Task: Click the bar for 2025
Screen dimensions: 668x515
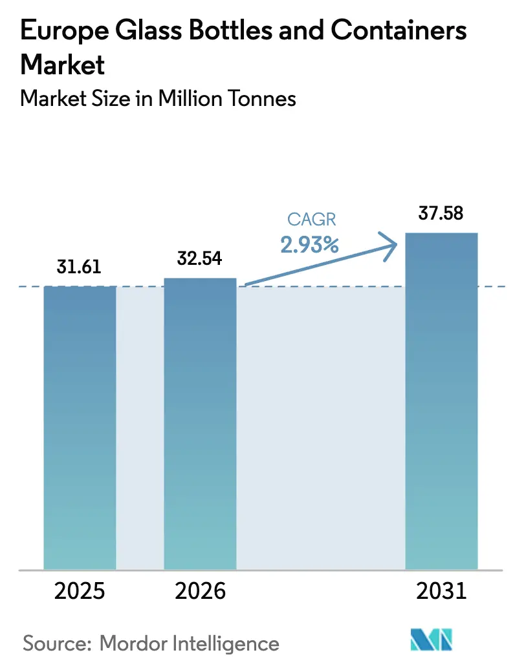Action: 80,426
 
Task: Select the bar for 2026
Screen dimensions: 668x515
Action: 200,423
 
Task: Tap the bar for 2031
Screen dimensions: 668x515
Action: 441,401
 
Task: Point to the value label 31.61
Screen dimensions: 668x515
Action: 79,267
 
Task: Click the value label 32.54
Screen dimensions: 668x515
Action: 200,259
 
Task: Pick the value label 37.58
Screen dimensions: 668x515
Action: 441,214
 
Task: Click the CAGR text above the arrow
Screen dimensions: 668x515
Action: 312,220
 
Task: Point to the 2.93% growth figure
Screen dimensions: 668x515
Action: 310,244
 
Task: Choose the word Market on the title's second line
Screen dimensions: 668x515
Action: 63,64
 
